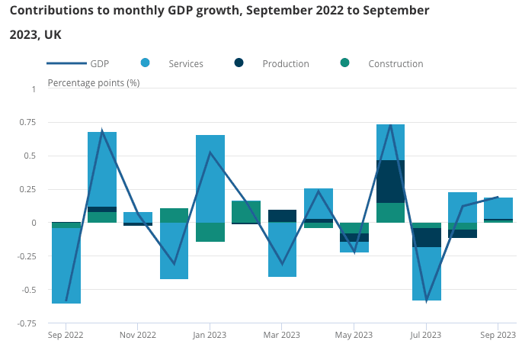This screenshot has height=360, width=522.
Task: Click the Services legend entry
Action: point(185,64)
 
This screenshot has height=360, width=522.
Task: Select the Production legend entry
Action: point(285,64)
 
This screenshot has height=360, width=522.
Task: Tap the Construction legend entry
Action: point(395,64)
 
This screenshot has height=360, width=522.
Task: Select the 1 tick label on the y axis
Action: point(34,89)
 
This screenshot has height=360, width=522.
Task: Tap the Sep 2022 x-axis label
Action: point(66,335)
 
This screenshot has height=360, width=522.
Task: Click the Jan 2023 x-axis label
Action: point(210,335)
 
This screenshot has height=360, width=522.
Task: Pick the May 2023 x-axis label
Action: point(354,335)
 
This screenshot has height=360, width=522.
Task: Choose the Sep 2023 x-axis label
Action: point(498,335)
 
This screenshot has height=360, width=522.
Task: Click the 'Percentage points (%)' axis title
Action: point(94,82)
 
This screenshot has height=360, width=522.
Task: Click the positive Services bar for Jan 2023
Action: point(210,178)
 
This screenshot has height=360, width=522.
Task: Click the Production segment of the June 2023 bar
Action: point(390,182)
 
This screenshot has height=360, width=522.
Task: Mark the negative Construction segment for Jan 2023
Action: point(210,232)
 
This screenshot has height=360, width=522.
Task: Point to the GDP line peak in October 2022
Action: point(102,131)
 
